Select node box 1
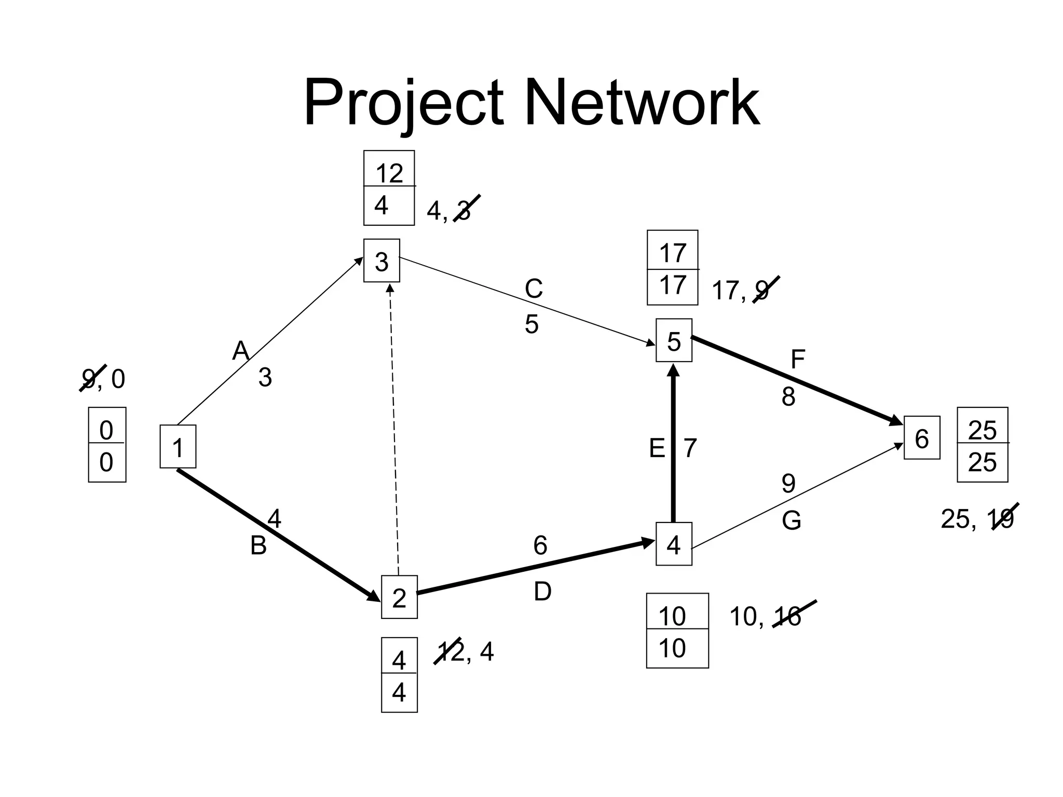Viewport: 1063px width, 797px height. click(178, 447)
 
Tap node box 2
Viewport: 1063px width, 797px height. click(399, 597)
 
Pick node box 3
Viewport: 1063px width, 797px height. click(381, 261)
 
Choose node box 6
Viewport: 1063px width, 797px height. click(922, 438)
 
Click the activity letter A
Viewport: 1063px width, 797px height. click(241, 351)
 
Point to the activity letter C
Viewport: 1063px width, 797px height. click(534, 289)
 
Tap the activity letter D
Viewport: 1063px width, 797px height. click(542, 592)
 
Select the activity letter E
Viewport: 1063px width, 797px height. click(657, 448)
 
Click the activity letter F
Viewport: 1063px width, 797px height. click(798, 359)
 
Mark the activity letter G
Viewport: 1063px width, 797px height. click(792, 520)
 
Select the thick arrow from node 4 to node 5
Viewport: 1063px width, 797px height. click(674, 446)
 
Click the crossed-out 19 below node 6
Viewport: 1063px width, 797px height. click(1002, 519)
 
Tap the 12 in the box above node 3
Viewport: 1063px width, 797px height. click(389, 173)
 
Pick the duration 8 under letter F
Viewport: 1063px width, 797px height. click(788, 397)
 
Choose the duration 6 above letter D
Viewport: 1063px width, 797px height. click(540, 545)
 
